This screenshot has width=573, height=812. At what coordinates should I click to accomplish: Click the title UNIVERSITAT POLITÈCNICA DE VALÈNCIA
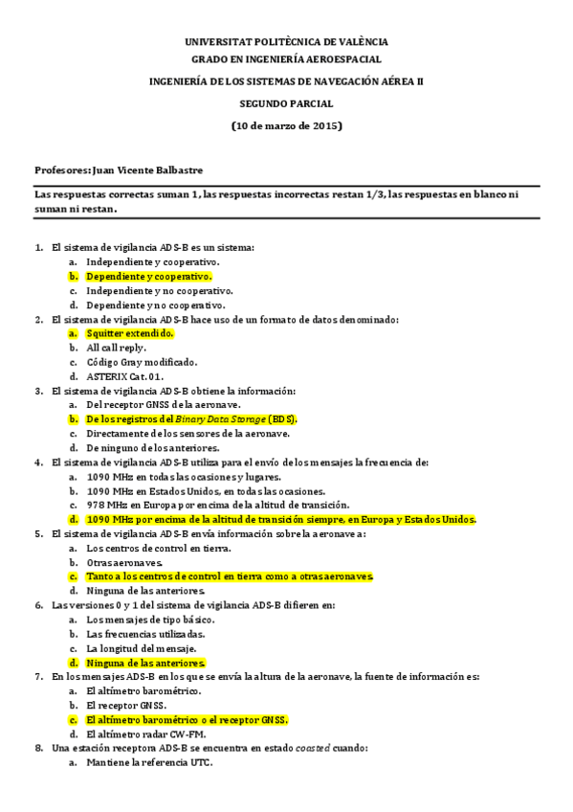286,42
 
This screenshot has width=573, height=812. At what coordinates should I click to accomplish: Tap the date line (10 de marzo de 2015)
286,125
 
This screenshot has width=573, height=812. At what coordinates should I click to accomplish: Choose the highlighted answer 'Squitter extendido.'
130,333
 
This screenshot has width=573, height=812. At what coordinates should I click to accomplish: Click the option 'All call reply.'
116,348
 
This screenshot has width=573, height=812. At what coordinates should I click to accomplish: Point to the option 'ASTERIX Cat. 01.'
127,376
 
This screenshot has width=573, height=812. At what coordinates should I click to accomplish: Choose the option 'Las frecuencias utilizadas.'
145,634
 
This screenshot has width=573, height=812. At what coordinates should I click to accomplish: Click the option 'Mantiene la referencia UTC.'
149,762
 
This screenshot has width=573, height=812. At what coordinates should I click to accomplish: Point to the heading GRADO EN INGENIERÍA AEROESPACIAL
286,59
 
